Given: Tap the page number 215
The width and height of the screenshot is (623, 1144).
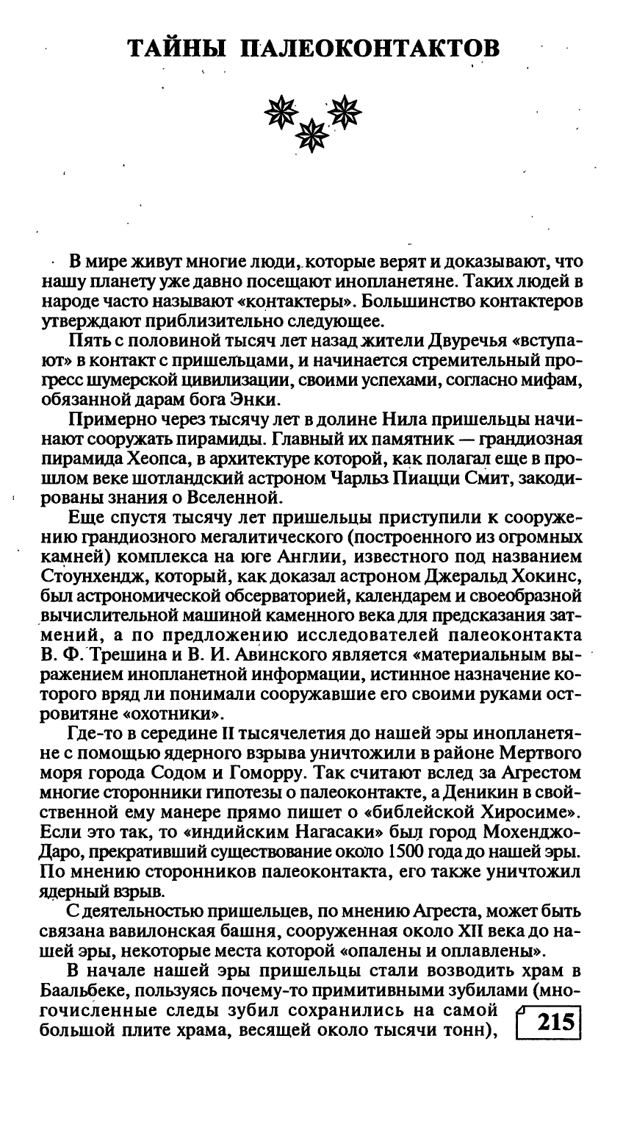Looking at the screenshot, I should click(555, 1022).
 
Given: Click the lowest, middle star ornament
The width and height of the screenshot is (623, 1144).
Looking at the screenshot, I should click(313, 135).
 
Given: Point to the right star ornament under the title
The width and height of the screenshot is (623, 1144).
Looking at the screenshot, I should click(345, 111).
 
